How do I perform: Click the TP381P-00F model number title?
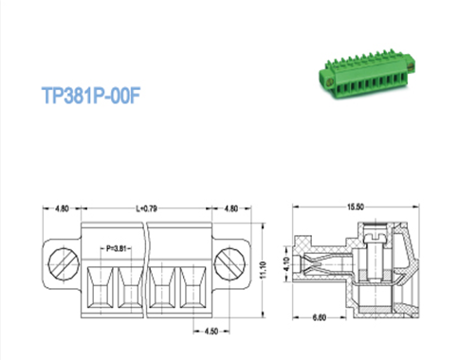pos(91,95)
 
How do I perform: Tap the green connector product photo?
pos(367,75)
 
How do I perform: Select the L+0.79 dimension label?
pos(146,208)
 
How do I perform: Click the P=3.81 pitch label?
pos(116,248)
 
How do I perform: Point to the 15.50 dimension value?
pos(356,207)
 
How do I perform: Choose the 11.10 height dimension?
pos(264,270)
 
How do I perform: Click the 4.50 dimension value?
pos(211,331)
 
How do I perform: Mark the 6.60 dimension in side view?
pos(320,317)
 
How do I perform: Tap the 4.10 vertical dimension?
pos(286,264)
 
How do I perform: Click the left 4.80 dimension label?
pos(62,208)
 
